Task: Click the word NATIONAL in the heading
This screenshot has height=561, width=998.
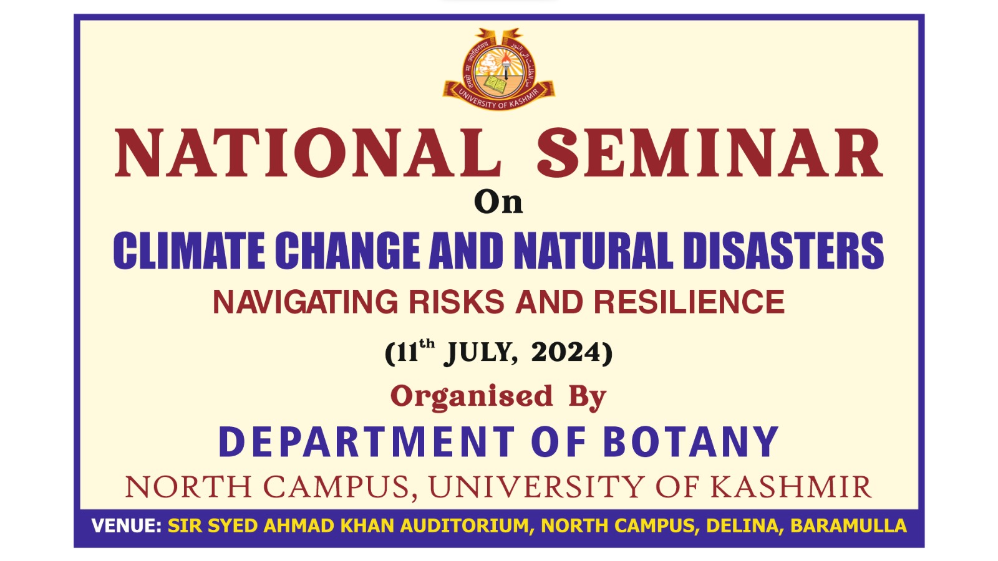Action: click(x=308, y=153)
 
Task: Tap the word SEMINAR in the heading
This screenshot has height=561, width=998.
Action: click(x=710, y=153)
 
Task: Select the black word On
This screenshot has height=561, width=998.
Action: click(x=498, y=203)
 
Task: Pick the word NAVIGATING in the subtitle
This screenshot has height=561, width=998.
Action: click(x=305, y=302)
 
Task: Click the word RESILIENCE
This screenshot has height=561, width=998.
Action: click(x=689, y=302)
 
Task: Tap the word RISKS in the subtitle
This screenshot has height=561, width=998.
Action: click(x=457, y=302)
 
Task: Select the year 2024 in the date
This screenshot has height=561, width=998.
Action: click(x=566, y=352)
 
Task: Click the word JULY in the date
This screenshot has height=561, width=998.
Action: click(x=480, y=353)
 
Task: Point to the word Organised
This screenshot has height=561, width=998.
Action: click(x=472, y=396)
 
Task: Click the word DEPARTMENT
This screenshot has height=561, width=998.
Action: click(x=367, y=442)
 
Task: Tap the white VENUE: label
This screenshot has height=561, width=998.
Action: click(x=127, y=526)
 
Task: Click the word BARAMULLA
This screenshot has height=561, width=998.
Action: click(x=848, y=526)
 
